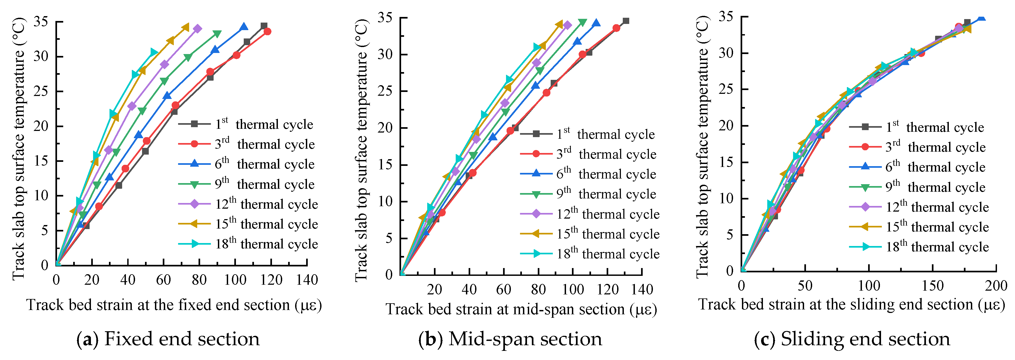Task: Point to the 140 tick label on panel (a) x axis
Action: coord(307,280)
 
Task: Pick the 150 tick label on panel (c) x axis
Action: coord(932,286)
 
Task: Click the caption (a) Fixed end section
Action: coord(168,339)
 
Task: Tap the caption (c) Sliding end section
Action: coord(852,339)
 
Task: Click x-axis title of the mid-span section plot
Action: coord(521,309)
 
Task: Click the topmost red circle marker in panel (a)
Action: coord(267,31)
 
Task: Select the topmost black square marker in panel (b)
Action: coord(626,21)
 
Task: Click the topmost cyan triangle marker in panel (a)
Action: coord(154,52)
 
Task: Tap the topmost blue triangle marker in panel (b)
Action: coord(597,23)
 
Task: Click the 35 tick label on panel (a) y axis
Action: coord(41,22)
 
